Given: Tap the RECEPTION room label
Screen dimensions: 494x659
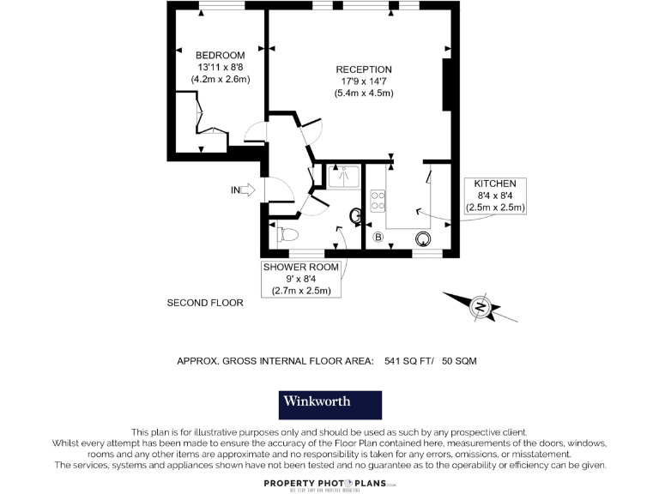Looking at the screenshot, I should click(x=364, y=69).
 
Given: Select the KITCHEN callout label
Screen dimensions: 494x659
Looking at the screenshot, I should click(x=495, y=184).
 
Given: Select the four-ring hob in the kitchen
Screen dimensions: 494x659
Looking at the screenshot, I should click(x=377, y=201).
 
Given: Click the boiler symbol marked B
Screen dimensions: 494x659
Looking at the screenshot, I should click(x=378, y=238).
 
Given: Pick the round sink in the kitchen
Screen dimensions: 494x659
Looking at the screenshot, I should click(x=423, y=239).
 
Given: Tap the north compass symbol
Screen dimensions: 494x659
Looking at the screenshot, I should click(x=481, y=307).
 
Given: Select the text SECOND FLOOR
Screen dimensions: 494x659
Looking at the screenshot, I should click(x=205, y=303).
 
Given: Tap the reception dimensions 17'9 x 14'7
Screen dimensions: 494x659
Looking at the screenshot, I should click(x=364, y=81).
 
